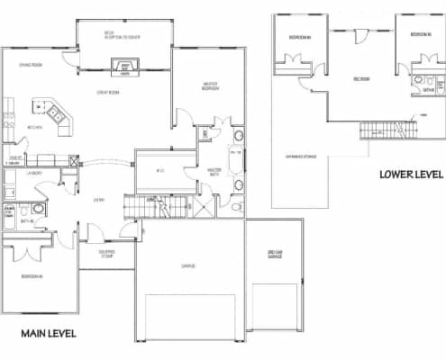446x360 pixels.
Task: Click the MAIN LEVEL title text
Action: (49, 334)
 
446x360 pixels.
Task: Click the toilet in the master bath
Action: (235, 206)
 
